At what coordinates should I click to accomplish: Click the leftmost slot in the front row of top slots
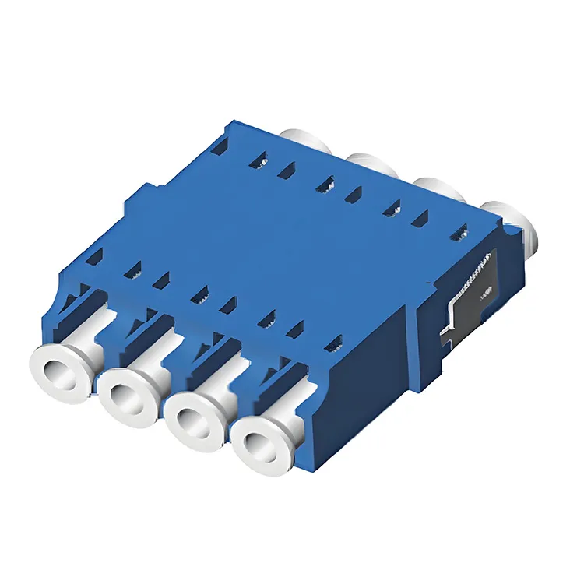click(x=95, y=254)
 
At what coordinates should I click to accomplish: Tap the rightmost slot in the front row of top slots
click(x=334, y=340)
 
